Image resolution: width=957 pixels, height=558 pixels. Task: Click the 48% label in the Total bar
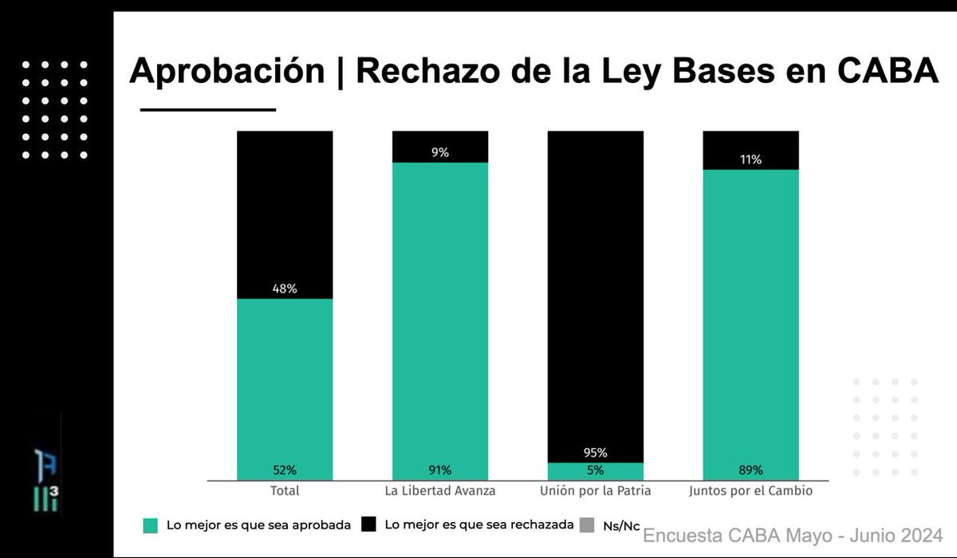pos(285,289)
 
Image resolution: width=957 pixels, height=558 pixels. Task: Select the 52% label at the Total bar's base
pos(285,470)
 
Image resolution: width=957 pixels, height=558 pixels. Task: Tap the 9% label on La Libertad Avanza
pos(439,152)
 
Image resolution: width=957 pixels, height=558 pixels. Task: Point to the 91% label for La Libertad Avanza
pos(439,470)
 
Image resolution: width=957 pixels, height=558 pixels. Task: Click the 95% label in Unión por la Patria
pos(595,453)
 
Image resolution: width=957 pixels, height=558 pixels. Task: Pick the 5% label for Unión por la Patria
pos(595,470)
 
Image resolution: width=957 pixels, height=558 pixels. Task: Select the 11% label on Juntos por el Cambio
pos(750,159)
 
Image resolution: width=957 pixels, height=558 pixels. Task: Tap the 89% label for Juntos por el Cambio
pos(750,470)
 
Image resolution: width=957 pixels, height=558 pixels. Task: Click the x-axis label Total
pos(285,491)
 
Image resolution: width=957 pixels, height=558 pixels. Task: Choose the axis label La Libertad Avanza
pos(439,491)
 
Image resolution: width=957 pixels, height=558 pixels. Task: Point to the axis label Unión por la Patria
pos(595,491)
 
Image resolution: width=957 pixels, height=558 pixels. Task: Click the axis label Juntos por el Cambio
pos(750,491)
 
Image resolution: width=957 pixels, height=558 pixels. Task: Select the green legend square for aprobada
pos(150,525)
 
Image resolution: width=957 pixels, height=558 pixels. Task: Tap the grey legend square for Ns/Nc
pos(587,525)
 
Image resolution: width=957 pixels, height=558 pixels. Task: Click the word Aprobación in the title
pos(226,72)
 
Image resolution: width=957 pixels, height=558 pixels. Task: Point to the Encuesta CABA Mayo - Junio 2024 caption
pos(793,534)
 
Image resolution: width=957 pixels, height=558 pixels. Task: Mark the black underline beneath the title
pos(207,109)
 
